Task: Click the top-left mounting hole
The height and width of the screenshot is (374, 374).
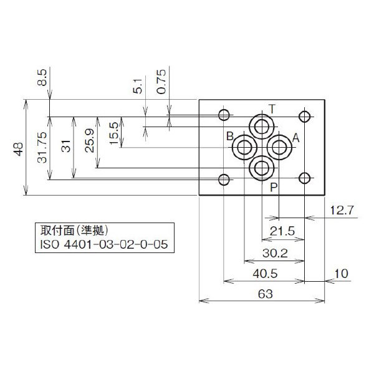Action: (x=224, y=115)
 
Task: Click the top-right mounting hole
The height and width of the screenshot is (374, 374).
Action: (x=305, y=116)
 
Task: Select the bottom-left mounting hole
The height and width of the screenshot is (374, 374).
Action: (x=224, y=180)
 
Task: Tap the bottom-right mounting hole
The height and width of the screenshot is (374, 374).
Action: (x=305, y=180)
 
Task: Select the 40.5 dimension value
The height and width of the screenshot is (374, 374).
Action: (x=265, y=274)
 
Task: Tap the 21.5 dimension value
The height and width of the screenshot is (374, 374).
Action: (x=282, y=231)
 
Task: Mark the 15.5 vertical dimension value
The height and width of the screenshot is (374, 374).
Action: (x=113, y=133)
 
